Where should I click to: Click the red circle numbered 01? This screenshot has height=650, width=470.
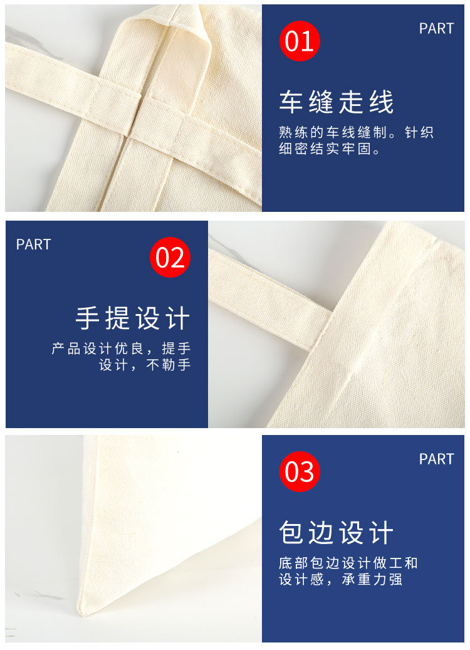300,41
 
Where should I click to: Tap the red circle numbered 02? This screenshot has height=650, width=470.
170,257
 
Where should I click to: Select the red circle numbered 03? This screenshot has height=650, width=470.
300,471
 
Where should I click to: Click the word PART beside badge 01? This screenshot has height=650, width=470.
436,28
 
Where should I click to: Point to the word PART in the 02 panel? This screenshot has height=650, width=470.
33,244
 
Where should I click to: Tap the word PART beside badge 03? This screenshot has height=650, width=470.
436,459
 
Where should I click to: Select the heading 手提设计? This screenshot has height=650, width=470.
133,318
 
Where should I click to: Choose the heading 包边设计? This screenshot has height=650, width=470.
337,533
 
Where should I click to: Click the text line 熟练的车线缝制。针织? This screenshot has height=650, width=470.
356,133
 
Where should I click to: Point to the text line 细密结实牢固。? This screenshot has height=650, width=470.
329,150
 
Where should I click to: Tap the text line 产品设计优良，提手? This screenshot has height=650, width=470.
121,349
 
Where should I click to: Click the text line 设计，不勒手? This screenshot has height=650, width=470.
145,365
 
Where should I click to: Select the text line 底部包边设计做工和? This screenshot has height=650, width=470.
348,563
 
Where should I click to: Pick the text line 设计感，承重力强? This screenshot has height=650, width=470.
340,579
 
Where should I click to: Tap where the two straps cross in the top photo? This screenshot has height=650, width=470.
160,110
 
